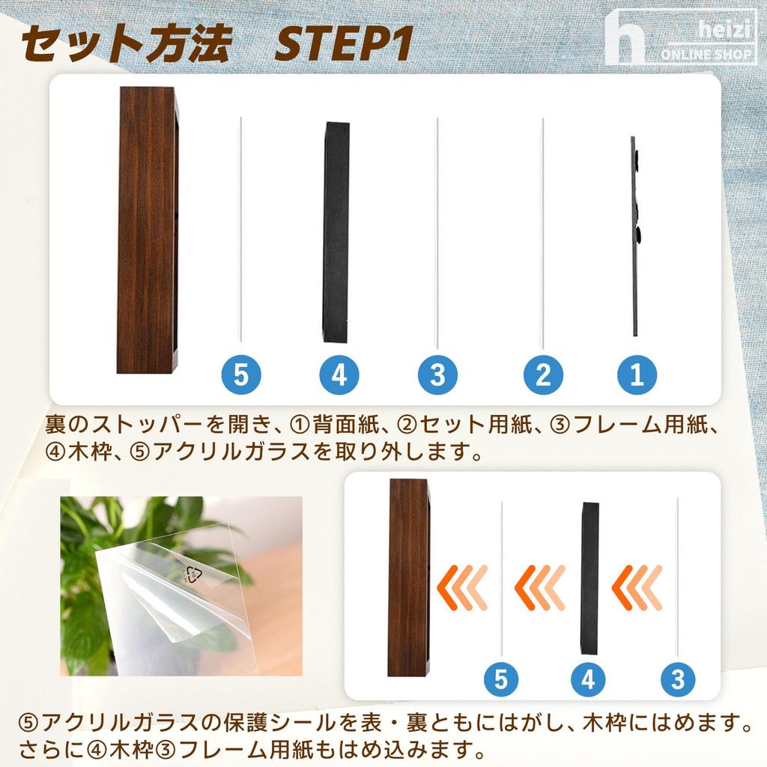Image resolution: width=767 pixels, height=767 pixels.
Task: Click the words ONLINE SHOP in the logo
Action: pos(706,54)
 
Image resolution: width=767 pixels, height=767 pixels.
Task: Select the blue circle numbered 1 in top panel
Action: pos(637,375)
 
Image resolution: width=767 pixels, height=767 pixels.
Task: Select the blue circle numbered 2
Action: pos(543,375)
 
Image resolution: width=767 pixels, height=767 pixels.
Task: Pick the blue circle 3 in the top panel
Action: pos(437,375)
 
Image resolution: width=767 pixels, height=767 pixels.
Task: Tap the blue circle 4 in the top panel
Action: pos(339,375)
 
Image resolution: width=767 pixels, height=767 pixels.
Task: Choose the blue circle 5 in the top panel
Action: pos(240,375)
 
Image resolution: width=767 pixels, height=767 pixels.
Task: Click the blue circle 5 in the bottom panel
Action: pos(501,679)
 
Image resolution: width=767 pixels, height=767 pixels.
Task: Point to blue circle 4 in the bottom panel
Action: pos(589,679)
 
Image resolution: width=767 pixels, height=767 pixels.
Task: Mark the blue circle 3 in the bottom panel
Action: pos(678,679)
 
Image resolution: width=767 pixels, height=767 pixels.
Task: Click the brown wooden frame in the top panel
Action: pos(148,230)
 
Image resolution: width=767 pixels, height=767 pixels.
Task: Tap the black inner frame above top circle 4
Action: pos(336,232)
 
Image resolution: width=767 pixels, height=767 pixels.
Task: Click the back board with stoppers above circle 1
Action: pos(635,236)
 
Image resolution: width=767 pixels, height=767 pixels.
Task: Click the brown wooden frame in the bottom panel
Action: pos(409,577)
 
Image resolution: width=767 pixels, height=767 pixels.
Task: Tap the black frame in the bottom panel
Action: pos(590,578)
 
